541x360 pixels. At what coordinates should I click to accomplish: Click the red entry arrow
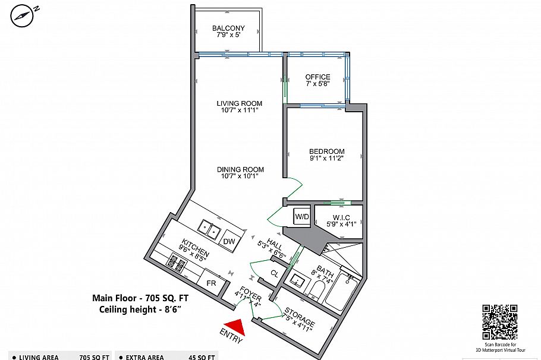(233, 327)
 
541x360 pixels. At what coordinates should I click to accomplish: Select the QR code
(499, 321)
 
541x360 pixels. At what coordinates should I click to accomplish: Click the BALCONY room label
(228, 29)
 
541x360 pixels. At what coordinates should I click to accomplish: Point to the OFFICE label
(317, 77)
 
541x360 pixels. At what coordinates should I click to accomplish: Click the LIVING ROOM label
(239, 104)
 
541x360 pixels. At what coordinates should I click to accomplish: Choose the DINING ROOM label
(241, 169)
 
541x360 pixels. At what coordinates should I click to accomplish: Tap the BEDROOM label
(327, 151)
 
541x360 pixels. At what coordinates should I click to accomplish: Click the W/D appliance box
(302, 217)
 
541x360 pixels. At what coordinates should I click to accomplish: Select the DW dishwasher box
(229, 241)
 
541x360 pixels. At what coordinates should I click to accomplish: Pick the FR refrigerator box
(211, 283)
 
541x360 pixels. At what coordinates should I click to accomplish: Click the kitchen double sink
(209, 228)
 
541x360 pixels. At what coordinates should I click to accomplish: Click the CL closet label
(274, 274)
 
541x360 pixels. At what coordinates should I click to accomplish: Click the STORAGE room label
(300, 319)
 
